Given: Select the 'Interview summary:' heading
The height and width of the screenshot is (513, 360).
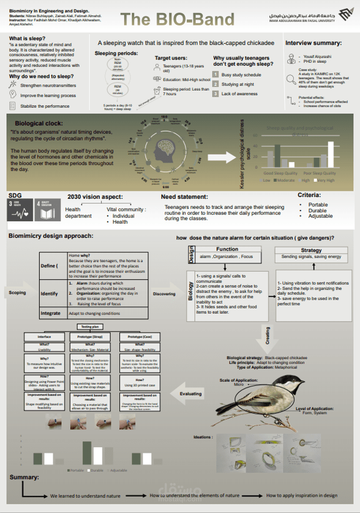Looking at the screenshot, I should tap(313, 43).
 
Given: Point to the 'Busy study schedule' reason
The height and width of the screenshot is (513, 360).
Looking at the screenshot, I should tap(241, 75).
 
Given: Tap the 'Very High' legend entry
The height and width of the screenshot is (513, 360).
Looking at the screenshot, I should tap(325, 180).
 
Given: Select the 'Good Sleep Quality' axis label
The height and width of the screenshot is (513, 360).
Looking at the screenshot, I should tap(281, 173).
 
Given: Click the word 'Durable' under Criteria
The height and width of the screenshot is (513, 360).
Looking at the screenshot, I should tap(318, 210).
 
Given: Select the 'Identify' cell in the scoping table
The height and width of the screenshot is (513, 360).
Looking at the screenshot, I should tap(49, 294).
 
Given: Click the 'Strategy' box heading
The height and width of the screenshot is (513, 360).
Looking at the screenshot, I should tap(311, 250).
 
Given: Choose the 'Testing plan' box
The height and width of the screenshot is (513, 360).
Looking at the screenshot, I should tap(89, 327).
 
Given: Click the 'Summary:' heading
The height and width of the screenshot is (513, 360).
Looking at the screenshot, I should tap(24, 478).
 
